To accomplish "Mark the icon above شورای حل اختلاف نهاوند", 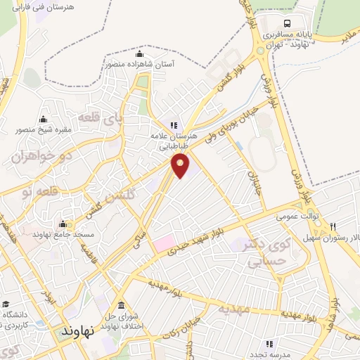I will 122,305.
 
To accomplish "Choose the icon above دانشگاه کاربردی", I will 6,304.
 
